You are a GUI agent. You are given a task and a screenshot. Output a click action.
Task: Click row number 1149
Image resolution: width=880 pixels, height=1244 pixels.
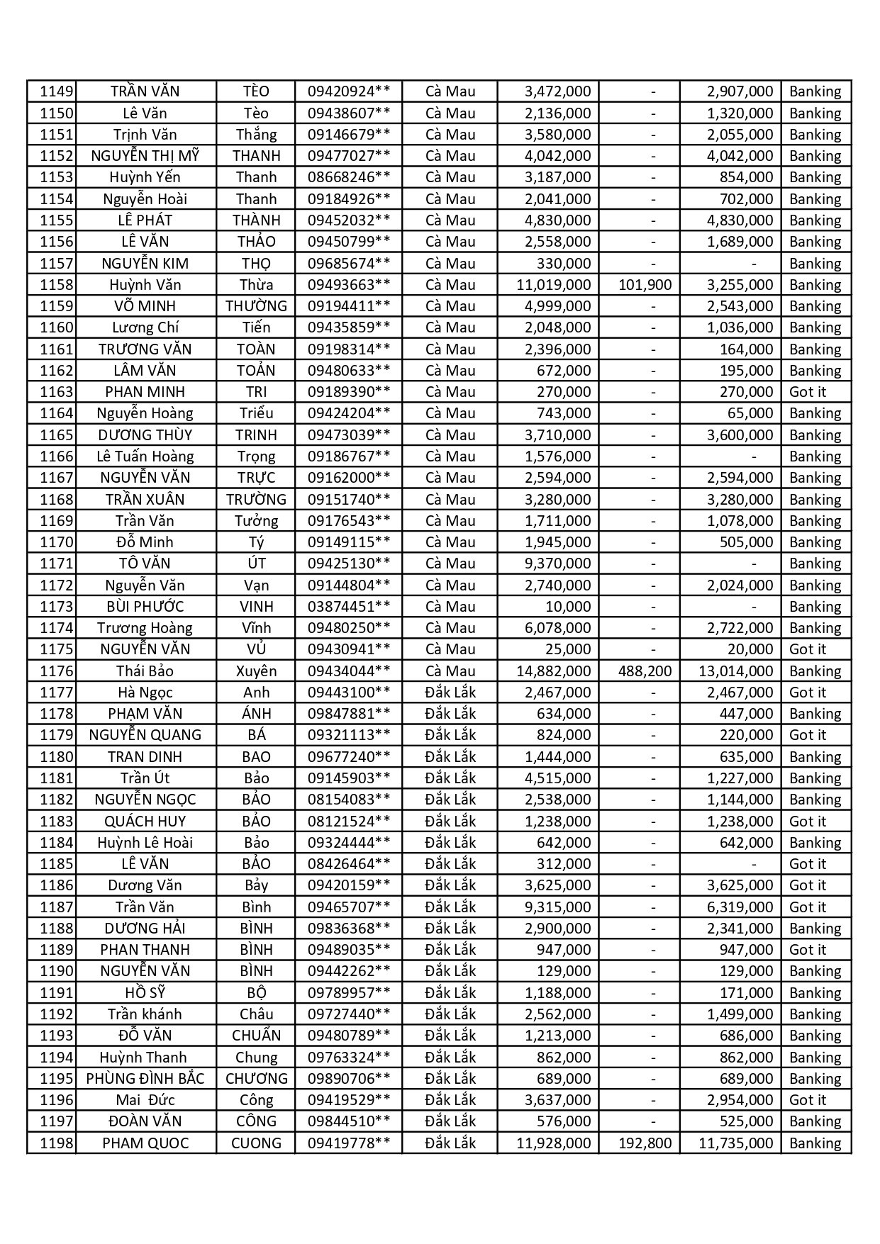click(56, 91)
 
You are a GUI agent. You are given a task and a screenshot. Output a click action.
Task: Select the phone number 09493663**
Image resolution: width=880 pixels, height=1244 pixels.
click(348, 285)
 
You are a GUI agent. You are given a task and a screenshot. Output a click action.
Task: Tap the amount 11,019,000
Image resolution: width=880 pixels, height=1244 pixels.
click(553, 285)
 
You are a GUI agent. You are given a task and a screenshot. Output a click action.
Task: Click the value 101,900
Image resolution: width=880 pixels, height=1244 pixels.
click(645, 285)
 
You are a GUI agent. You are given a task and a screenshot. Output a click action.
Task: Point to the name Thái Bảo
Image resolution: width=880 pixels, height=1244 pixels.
click(145, 671)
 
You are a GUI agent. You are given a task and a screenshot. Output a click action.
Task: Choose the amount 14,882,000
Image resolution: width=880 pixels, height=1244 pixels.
click(553, 671)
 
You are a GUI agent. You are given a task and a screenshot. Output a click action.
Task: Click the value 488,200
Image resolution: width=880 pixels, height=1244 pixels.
click(645, 671)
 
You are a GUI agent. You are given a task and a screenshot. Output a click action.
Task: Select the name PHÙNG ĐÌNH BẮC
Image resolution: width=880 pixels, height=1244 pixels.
click(145, 1079)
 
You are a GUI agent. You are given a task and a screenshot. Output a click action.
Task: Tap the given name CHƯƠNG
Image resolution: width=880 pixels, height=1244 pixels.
click(256, 1079)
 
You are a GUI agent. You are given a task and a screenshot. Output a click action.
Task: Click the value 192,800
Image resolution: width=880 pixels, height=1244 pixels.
click(645, 1143)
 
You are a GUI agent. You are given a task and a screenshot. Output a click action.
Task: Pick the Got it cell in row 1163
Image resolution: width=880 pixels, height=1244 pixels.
click(808, 392)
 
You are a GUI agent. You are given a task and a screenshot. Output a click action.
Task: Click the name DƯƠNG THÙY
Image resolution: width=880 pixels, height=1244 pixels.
click(145, 435)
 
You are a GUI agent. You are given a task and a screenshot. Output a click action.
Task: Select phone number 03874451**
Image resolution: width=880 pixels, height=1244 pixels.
click(348, 607)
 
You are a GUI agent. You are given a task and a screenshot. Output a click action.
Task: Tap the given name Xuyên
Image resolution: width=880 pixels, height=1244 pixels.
click(256, 671)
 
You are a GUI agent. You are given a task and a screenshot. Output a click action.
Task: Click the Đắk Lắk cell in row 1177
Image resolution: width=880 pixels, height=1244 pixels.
click(450, 693)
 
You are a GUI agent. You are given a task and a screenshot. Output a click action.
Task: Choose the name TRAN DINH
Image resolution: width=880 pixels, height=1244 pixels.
click(145, 757)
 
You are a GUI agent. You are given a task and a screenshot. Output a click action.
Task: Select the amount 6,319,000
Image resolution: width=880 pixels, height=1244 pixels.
click(740, 907)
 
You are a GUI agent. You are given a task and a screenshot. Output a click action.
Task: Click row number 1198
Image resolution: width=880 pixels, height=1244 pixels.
click(56, 1143)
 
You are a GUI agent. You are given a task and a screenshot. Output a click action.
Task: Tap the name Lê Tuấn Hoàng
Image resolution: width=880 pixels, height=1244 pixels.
click(145, 456)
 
